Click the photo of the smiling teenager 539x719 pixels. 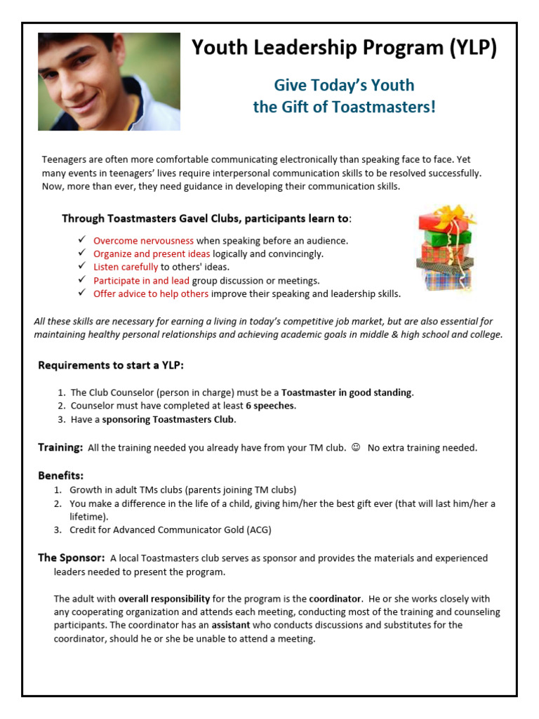pos(109,81)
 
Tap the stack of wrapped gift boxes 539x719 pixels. pos(444,249)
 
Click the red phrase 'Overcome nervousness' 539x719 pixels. pos(144,241)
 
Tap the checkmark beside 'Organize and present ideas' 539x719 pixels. pos(82,253)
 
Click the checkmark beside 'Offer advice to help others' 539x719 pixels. pos(82,293)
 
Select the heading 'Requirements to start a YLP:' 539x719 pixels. pos(111,365)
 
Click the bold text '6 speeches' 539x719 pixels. pos(270,406)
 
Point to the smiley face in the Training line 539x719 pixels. pos(356,447)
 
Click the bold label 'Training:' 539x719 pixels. pos(60,447)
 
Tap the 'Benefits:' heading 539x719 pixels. pos(61,475)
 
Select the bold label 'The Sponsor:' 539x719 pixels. pos(72,558)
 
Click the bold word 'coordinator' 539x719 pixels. pos(335,599)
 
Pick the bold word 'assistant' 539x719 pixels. pos(231,625)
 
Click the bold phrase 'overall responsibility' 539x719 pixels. pos(164,599)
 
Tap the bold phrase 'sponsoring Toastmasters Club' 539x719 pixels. pos(168,419)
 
